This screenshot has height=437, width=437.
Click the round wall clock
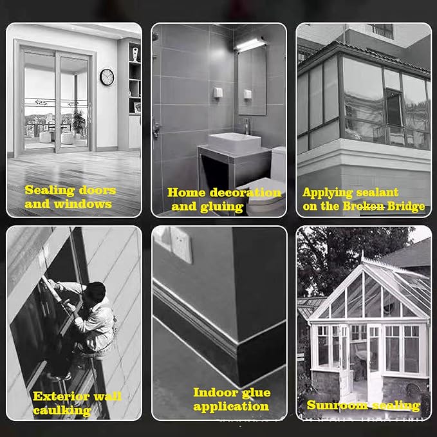[107, 77]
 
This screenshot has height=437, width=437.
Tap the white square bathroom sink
[234, 142]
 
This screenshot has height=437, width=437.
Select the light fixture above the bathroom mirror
[251, 44]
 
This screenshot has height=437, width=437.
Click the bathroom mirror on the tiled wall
[252, 80]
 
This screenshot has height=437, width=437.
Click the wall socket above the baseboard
[181, 245]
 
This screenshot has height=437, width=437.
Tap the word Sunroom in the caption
[337, 405]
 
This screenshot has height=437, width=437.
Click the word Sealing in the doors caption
[50, 191]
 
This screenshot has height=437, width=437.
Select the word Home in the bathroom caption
[186, 192]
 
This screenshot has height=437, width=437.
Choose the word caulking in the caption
[62, 411]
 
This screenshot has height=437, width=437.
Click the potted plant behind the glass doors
[79, 123]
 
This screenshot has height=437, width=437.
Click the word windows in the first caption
[83, 204]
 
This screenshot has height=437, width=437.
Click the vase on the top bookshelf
[135, 54]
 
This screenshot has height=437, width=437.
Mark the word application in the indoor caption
[231, 407]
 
